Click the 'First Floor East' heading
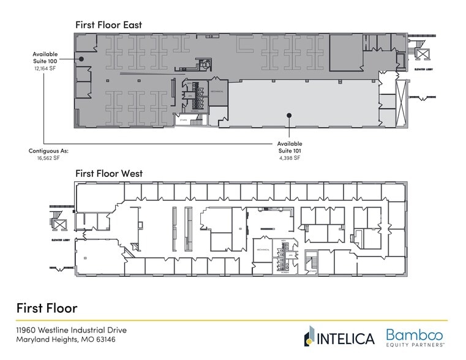(108, 24)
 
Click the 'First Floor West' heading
(109, 173)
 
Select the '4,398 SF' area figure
(289, 158)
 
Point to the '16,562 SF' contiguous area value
(48, 158)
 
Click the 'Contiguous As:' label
(48, 150)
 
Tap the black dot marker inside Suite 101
(290, 114)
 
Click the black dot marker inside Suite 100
(80, 59)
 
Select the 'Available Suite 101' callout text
(289, 147)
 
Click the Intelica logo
(338, 337)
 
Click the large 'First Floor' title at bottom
(47, 307)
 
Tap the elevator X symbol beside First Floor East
(422, 54)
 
